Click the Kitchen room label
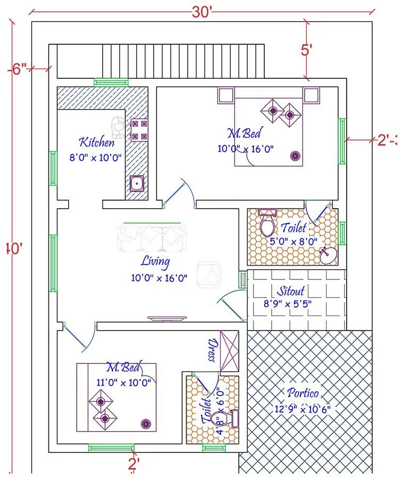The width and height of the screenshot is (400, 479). point(96,142)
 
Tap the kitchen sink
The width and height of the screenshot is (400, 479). point(137,184)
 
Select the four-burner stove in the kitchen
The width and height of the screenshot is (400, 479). point(138,129)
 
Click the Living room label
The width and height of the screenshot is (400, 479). point(156,261)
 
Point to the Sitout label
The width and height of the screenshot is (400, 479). point(290,291)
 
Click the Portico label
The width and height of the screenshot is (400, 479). point(303,393)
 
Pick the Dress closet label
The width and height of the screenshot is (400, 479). point(213,349)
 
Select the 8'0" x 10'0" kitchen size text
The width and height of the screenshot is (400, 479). point(96,158)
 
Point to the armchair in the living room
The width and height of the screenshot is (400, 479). point(209,272)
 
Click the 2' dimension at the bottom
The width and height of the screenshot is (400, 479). point(134,464)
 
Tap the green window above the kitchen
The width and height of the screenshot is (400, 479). point(111,82)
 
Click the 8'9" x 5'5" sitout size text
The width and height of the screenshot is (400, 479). point(288,304)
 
